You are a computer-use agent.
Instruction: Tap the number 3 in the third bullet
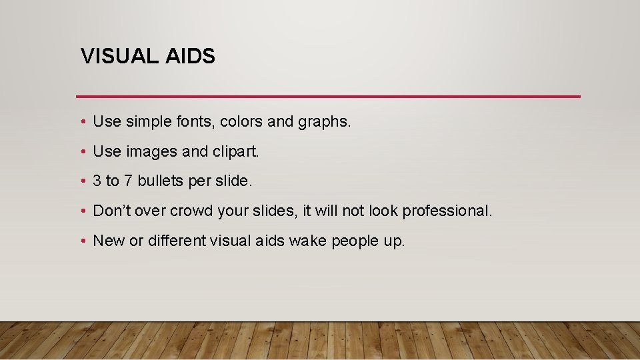click(97, 181)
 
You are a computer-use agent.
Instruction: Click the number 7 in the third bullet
click(129, 181)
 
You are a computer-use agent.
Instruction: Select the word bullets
click(159, 181)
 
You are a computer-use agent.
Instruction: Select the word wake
click(304, 241)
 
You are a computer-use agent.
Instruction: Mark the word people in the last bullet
click(351, 241)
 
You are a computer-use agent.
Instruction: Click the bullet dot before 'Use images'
click(81, 152)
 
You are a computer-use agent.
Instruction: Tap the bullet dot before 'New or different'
click(81, 241)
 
